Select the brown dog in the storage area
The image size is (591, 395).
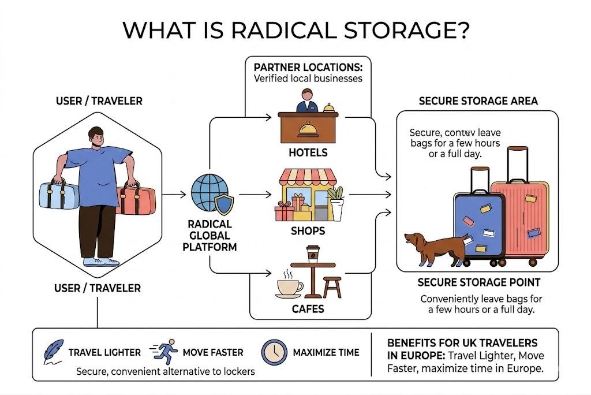[435, 246]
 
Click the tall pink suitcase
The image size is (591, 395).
[519, 208]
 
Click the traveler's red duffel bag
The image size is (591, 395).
[137, 199]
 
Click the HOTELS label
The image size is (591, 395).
[308, 153]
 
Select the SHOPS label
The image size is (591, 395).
[308, 231]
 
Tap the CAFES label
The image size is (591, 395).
[308, 309]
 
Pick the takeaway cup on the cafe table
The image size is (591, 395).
[312, 254]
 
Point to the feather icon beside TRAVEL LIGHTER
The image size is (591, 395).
[54, 352]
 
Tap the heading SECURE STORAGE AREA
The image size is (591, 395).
[478, 101]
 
